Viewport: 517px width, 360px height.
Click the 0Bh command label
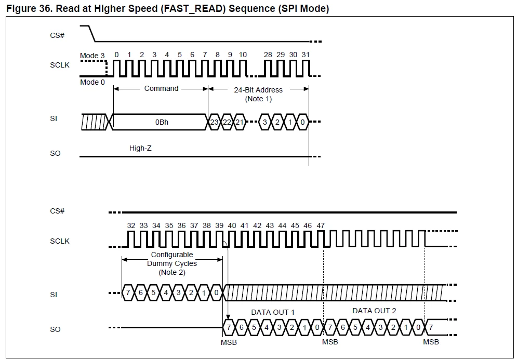click(162, 122)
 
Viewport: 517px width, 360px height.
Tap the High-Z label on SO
click(140, 148)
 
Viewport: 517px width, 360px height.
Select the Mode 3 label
click(92, 56)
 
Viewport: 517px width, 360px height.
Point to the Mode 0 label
click(92, 82)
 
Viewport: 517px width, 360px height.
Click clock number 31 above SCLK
click(306, 55)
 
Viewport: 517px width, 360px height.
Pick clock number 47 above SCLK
click(321, 225)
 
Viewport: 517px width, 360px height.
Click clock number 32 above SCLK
click(131, 225)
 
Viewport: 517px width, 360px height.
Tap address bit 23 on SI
click(214, 122)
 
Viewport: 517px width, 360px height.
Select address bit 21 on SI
click(240, 122)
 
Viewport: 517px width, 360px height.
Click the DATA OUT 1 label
click(273, 312)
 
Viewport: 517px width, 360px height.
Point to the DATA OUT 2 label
click(374, 311)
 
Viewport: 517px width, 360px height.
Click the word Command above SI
click(161, 88)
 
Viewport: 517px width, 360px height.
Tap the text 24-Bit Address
click(258, 90)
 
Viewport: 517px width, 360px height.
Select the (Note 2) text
click(172, 272)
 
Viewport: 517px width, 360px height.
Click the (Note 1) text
click(258, 99)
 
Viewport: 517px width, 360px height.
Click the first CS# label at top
click(57, 35)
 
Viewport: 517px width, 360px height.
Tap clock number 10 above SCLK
click(243, 55)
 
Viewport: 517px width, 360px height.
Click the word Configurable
click(172, 255)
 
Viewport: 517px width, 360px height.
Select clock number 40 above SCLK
click(232, 225)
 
